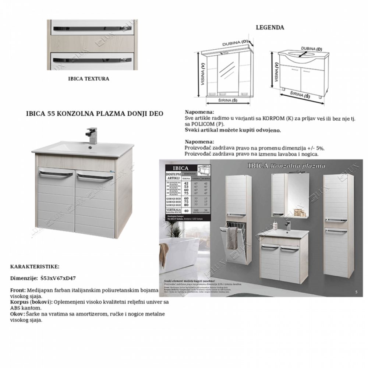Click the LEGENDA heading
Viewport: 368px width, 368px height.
(270, 27)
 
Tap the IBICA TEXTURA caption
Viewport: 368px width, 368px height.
(88, 79)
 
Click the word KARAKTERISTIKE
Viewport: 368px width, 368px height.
(35, 266)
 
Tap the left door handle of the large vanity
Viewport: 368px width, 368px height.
(56, 175)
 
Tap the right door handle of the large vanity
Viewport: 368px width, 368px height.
(94, 178)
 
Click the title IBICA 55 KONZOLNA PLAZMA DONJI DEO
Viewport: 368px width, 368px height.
(95, 114)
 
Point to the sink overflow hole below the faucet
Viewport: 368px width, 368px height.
(89, 148)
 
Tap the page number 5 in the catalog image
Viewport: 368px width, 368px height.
(356, 292)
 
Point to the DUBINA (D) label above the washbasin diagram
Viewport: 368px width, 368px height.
(312, 49)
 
